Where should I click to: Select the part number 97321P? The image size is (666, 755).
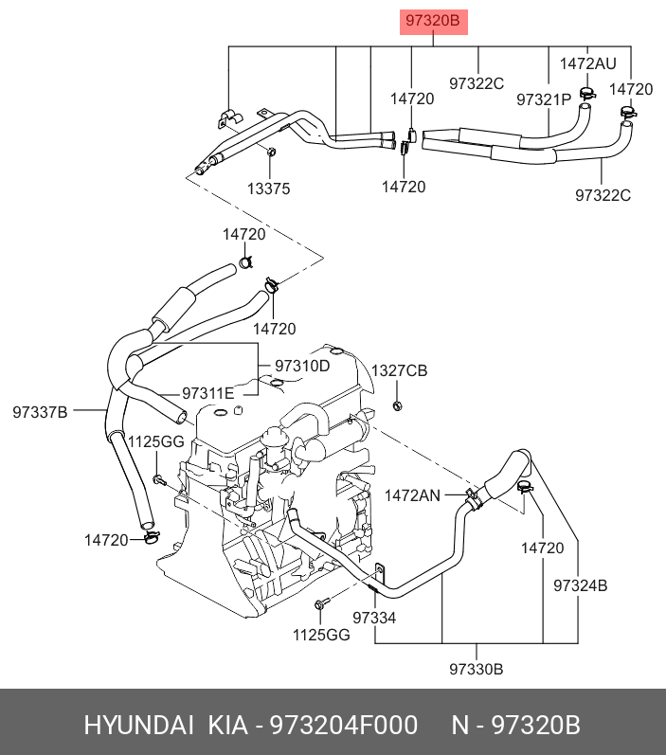tap(544, 99)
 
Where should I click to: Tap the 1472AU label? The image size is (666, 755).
tap(587, 64)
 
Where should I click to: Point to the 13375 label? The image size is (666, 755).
tap(268, 189)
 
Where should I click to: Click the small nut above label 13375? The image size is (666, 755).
tap(272, 153)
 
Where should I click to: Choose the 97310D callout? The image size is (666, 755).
tap(302, 366)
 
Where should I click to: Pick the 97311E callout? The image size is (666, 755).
tap(208, 393)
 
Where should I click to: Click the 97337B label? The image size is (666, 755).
tap(41, 411)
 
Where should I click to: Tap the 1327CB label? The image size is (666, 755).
tap(399, 370)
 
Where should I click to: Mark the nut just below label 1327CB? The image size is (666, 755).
tap(398, 405)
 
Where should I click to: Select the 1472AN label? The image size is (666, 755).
tap(412, 494)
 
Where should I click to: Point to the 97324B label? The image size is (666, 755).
tap(581, 585)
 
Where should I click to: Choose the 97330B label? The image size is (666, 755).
tap(477, 670)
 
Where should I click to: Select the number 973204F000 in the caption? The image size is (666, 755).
tap(343, 726)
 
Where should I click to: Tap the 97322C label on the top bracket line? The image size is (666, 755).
tap(477, 83)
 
